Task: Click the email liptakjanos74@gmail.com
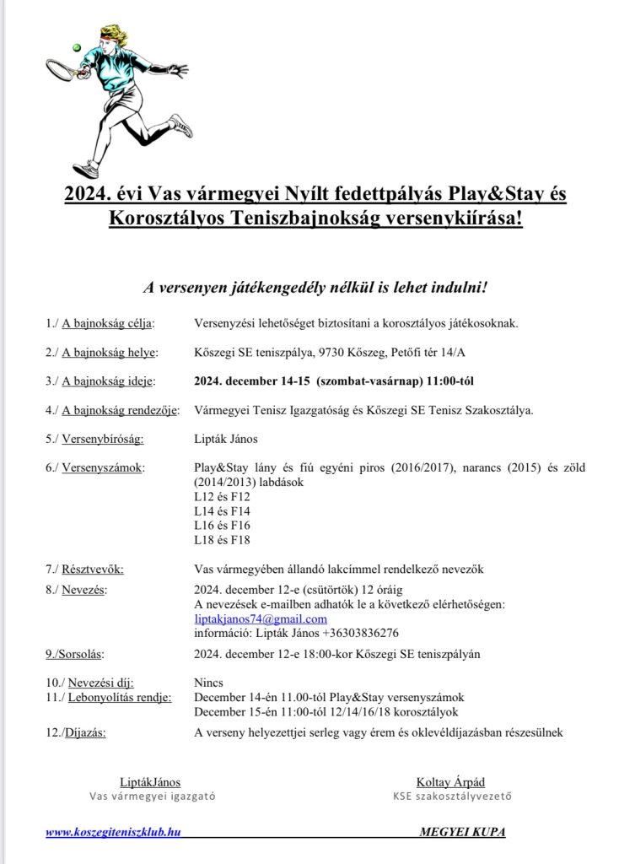(x=261, y=619)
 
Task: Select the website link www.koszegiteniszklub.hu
(x=113, y=832)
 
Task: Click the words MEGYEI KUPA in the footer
(x=462, y=832)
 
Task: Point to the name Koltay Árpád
(x=450, y=782)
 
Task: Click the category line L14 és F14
(x=222, y=510)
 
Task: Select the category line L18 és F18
(x=222, y=540)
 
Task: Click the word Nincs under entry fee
(x=207, y=683)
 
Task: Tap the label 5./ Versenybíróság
(x=95, y=439)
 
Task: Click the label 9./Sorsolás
(x=82, y=653)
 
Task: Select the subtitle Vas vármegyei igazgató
(x=153, y=796)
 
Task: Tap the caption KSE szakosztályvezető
(x=451, y=796)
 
